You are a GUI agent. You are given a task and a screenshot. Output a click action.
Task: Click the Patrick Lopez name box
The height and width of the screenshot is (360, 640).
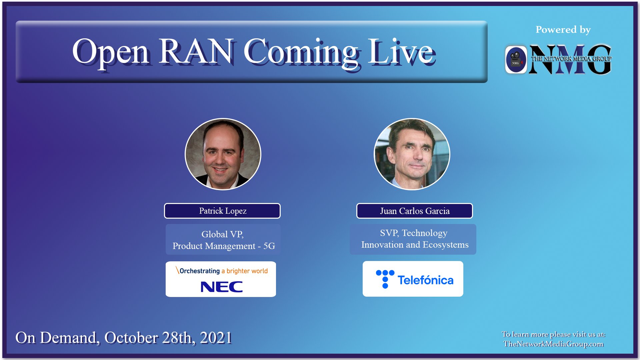click(222, 211)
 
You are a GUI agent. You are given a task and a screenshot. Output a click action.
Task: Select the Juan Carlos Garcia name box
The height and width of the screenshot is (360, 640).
click(414, 211)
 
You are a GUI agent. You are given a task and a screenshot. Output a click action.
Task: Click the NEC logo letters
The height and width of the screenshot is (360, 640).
click(222, 287)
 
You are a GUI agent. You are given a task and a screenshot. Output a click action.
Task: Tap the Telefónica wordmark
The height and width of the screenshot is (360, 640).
click(425, 280)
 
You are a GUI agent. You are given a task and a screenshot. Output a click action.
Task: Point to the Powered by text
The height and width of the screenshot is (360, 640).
click(563, 30)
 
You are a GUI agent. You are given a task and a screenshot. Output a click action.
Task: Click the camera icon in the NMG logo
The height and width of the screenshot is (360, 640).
click(516, 59)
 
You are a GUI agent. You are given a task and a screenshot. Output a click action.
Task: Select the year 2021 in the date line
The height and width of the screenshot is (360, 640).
click(216, 338)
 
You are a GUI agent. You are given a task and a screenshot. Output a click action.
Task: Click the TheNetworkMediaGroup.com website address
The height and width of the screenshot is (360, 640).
click(553, 344)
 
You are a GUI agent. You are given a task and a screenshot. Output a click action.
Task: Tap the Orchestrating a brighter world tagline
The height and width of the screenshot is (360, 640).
click(222, 271)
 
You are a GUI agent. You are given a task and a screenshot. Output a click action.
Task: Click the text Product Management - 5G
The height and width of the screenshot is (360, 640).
click(224, 246)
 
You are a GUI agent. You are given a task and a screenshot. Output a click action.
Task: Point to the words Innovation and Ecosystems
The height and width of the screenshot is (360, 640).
click(415, 245)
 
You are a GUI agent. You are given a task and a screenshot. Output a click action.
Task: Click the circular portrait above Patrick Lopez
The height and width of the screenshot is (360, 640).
click(223, 154)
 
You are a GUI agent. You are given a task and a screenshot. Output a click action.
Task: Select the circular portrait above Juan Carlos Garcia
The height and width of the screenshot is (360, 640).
click(412, 154)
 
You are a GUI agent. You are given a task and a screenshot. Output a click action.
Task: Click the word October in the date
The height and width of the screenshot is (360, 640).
click(131, 338)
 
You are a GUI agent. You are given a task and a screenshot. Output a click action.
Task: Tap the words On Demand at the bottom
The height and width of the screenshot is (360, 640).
click(57, 338)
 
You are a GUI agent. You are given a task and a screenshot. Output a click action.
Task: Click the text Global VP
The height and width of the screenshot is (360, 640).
click(222, 234)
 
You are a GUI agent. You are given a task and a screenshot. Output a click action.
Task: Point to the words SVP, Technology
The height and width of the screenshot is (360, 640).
click(413, 233)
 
